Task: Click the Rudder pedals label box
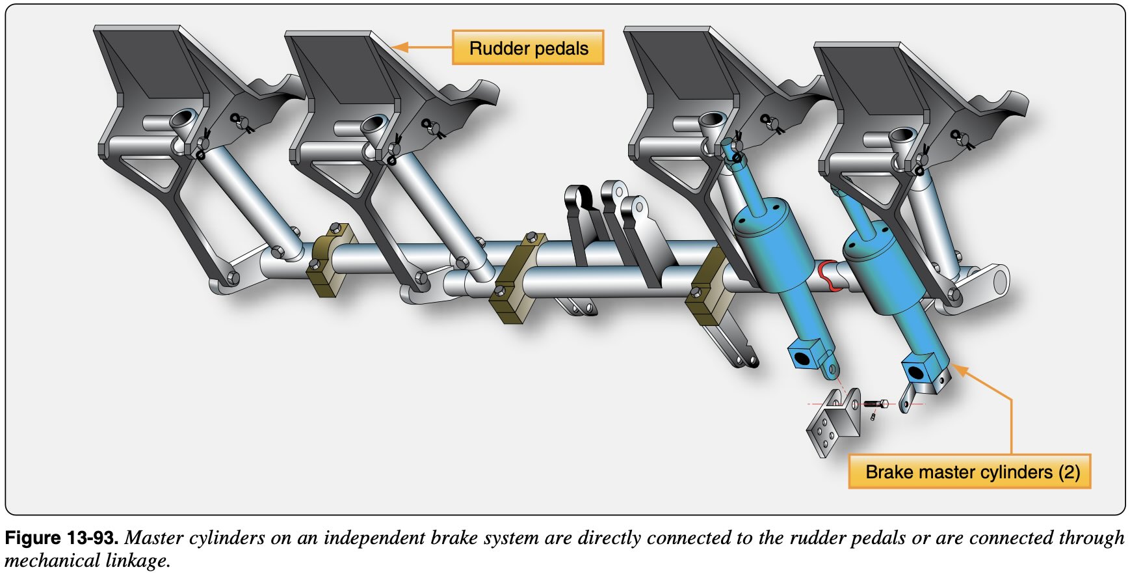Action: pyautogui.click(x=528, y=48)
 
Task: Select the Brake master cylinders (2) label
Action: pyautogui.click(x=969, y=471)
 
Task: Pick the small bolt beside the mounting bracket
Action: pyautogui.click(x=875, y=404)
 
